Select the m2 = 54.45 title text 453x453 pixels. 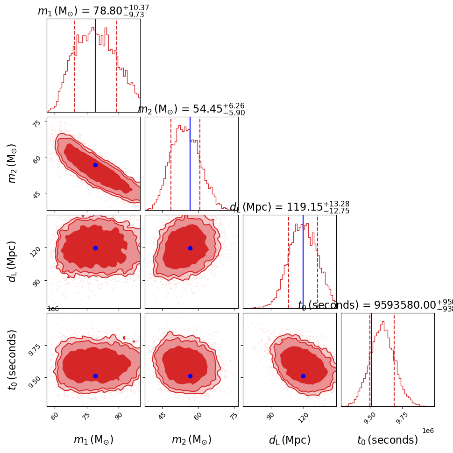click(191, 109)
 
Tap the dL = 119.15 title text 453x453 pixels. click(289, 207)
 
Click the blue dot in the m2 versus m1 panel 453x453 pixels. click(95, 165)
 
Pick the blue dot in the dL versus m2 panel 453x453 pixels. click(190, 248)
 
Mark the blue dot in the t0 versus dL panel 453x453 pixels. click(303, 376)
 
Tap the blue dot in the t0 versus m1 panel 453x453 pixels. click(95, 376)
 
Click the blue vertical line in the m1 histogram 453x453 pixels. click(95, 65)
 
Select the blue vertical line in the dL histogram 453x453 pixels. click(303, 262)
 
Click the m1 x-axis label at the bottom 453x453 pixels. click(93, 440)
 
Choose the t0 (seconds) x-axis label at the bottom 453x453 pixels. click(388, 440)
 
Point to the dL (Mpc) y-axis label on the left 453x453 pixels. click(12, 262)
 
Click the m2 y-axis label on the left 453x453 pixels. click(12, 163)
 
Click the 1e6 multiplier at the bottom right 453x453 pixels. click(428, 431)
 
